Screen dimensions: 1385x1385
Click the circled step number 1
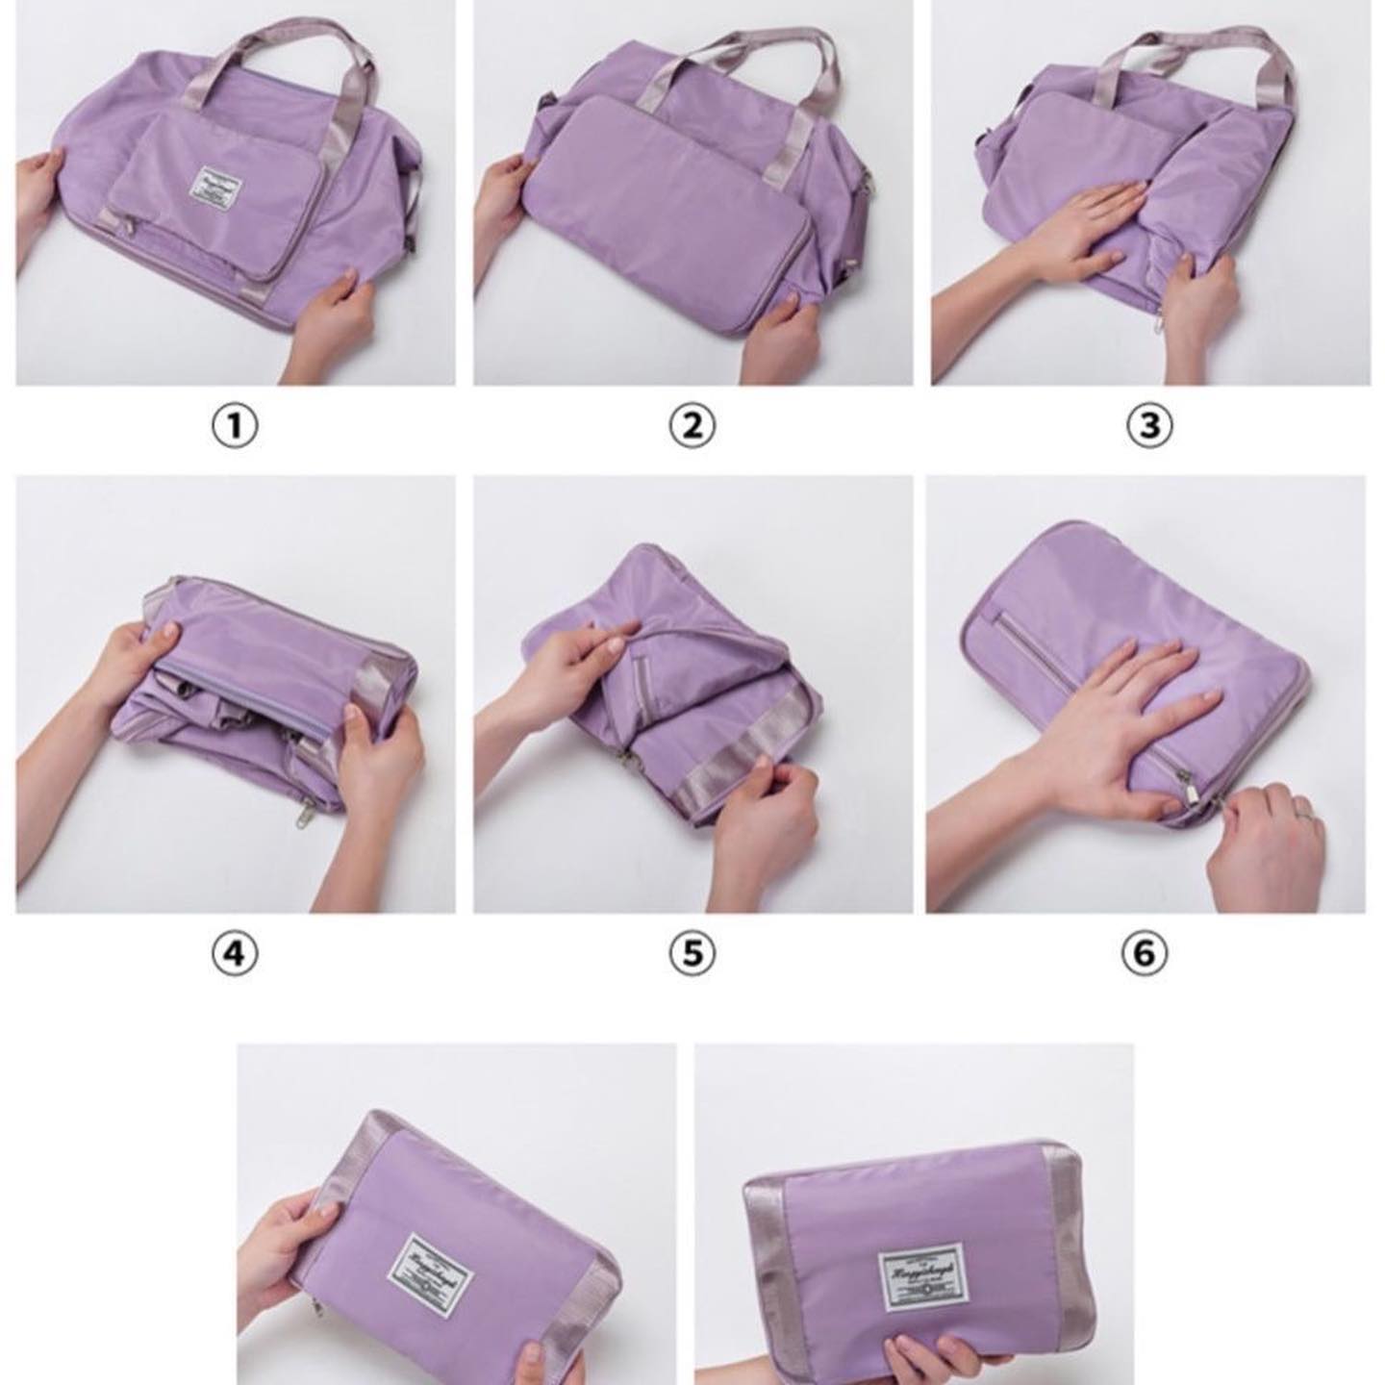(x=235, y=425)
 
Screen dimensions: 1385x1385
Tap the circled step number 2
(x=692, y=425)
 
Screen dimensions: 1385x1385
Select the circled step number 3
(x=1149, y=425)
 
